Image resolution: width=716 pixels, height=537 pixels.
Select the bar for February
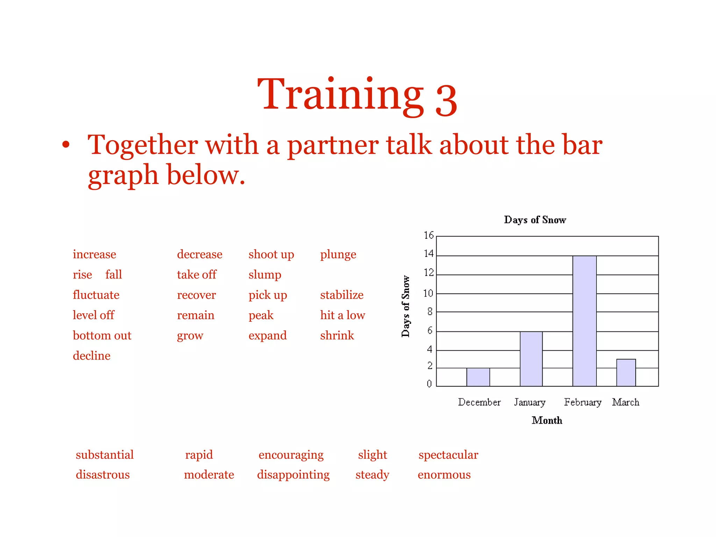(x=584, y=321)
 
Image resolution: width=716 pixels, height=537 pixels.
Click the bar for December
(x=478, y=377)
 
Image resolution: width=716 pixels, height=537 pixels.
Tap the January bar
(x=531, y=359)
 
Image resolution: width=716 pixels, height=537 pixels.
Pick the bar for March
(x=626, y=372)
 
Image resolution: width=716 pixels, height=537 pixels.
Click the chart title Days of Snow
(x=535, y=220)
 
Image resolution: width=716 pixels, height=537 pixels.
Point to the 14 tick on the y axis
(x=429, y=254)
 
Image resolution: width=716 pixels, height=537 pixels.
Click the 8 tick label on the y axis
(x=430, y=312)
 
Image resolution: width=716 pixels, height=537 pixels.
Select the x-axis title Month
(x=547, y=420)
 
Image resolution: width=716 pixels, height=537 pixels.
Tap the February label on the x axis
(x=582, y=402)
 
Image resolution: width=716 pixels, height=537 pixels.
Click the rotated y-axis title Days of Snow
(x=406, y=306)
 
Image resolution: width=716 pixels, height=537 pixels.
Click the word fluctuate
(x=96, y=295)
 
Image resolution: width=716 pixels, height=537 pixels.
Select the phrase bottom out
(x=102, y=335)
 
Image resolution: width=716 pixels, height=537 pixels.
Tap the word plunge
(x=338, y=254)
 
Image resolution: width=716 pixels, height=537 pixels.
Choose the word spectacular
(x=448, y=454)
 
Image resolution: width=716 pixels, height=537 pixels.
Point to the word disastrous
(x=103, y=474)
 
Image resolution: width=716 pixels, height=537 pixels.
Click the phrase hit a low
(x=343, y=315)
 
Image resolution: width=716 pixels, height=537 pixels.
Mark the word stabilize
(x=342, y=295)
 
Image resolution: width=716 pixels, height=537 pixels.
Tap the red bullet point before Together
(x=66, y=144)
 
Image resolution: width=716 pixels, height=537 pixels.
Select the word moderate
(x=209, y=474)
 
